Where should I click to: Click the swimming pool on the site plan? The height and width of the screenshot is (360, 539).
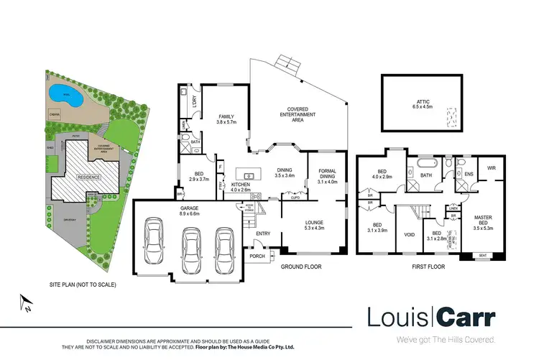click(x=64, y=94)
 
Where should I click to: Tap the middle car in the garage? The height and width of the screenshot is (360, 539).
click(x=190, y=247)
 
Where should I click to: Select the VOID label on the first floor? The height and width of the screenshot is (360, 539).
click(x=410, y=234)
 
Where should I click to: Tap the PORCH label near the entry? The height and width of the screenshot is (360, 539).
click(x=257, y=256)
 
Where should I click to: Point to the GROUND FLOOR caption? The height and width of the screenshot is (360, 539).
click(x=300, y=267)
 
